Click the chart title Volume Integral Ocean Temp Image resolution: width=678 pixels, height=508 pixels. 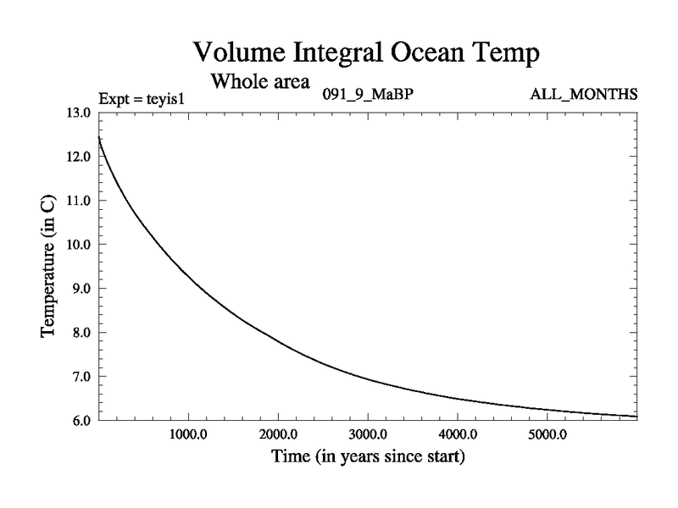pyautogui.click(x=366, y=52)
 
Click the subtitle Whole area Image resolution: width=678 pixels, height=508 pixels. pyautogui.click(x=260, y=81)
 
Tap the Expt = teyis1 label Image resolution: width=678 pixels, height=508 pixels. pyautogui.click(x=142, y=97)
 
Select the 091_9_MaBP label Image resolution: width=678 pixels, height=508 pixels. pyautogui.click(x=367, y=94)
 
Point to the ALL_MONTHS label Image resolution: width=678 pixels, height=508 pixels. pyautogui.click(x=583, y=94)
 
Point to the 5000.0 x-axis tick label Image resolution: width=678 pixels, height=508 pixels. pyautogui.click(x=547, y=436)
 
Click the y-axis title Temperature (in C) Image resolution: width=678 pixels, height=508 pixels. pyautogui.click(x=49, y=267)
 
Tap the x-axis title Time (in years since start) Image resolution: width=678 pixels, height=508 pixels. pyautogui.click(x=367, y=458)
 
